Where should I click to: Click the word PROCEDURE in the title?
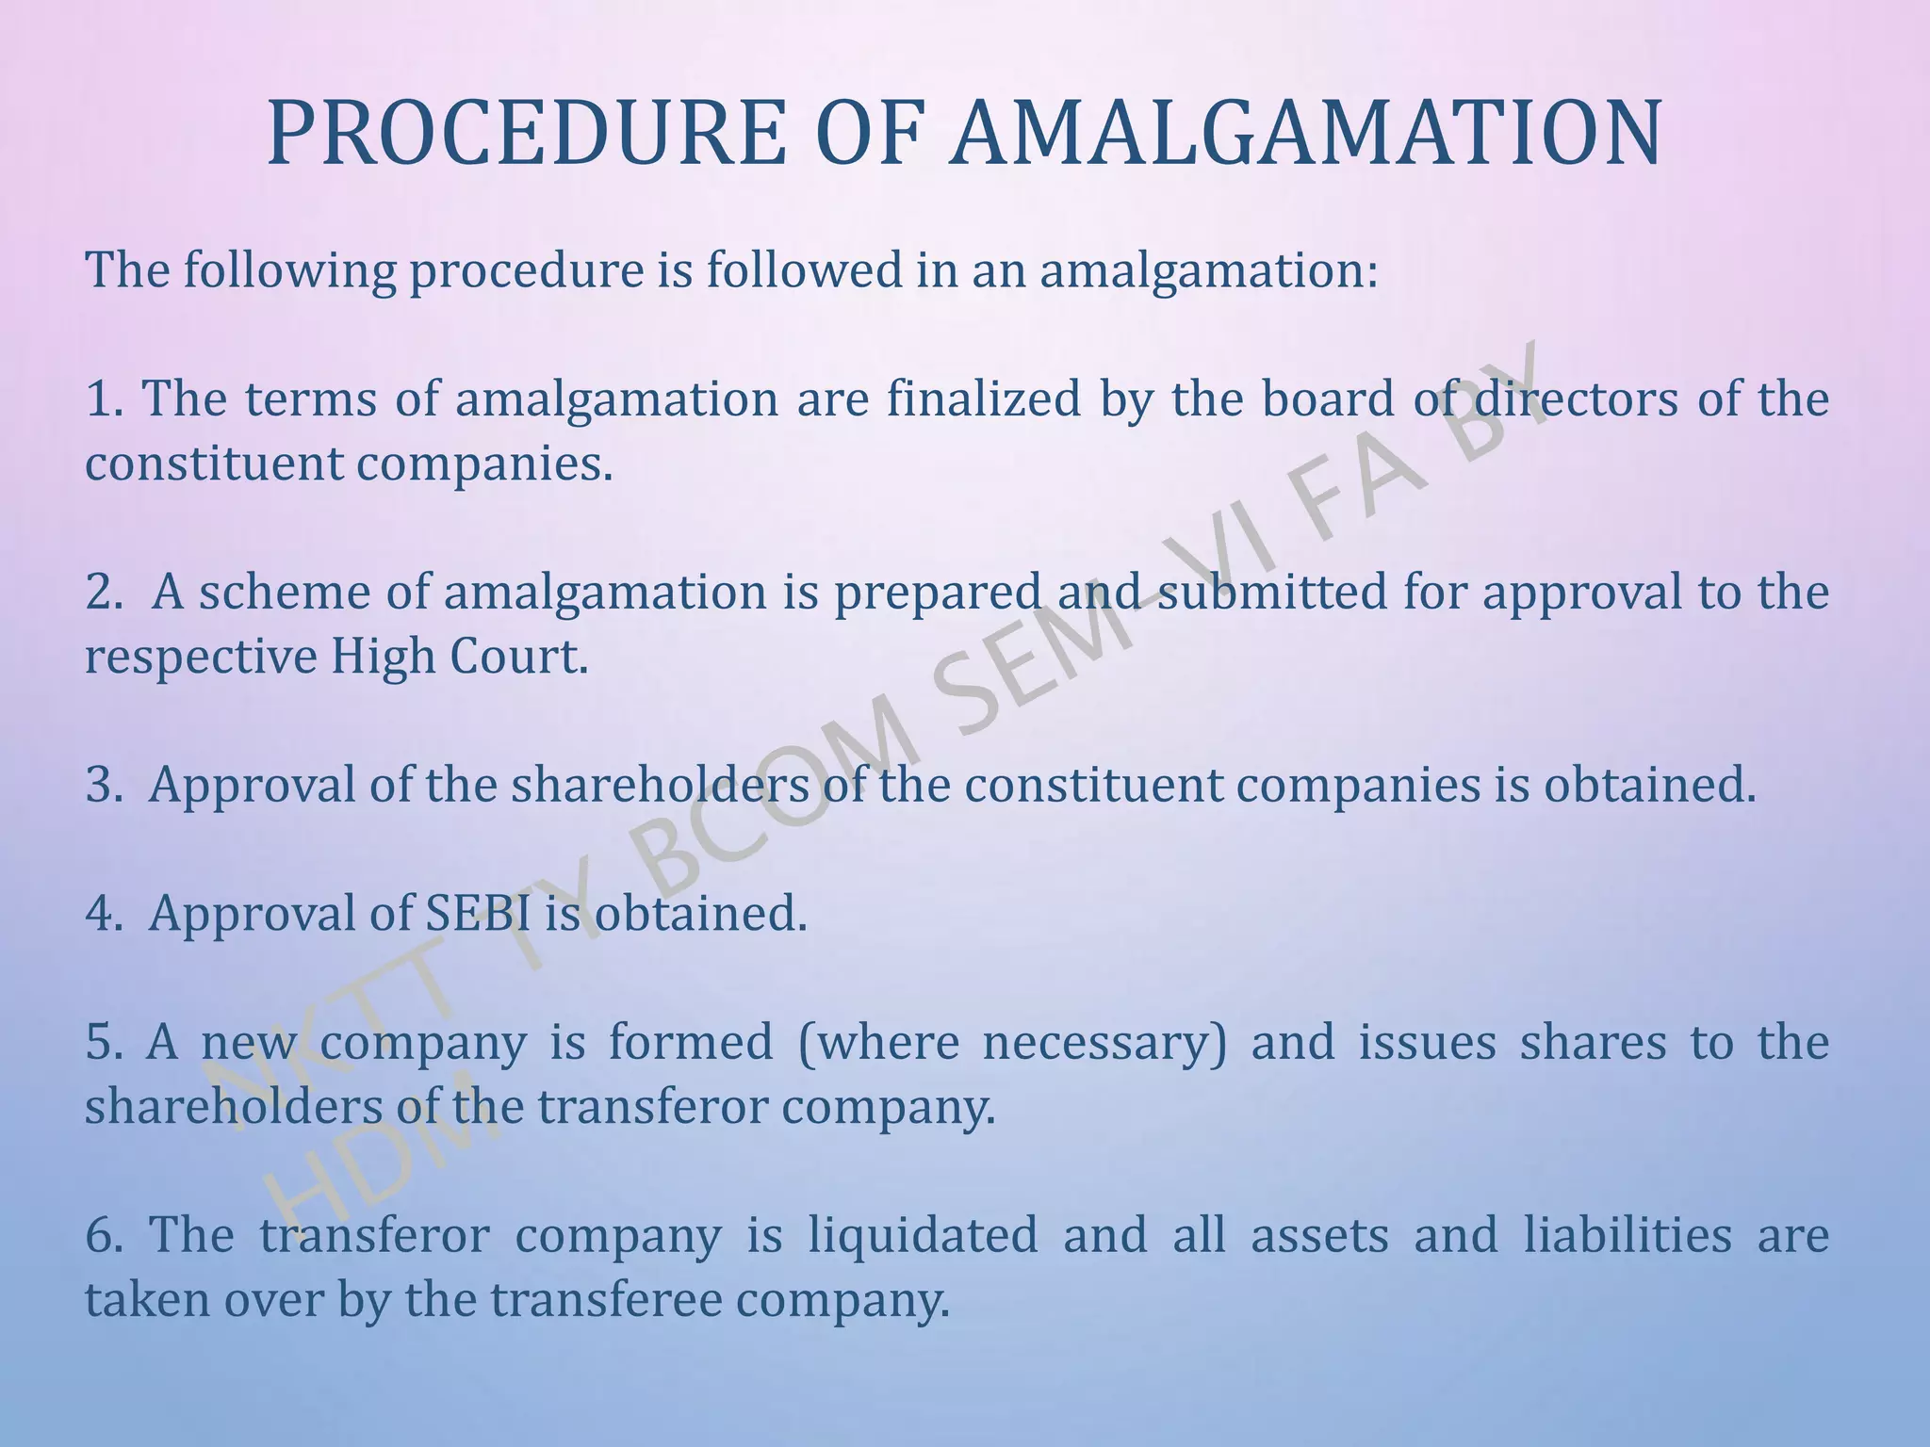coord(526,135)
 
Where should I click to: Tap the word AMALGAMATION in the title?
coord(1306,135)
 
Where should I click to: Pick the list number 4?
coord(101,914)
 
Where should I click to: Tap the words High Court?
coord(458,657)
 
